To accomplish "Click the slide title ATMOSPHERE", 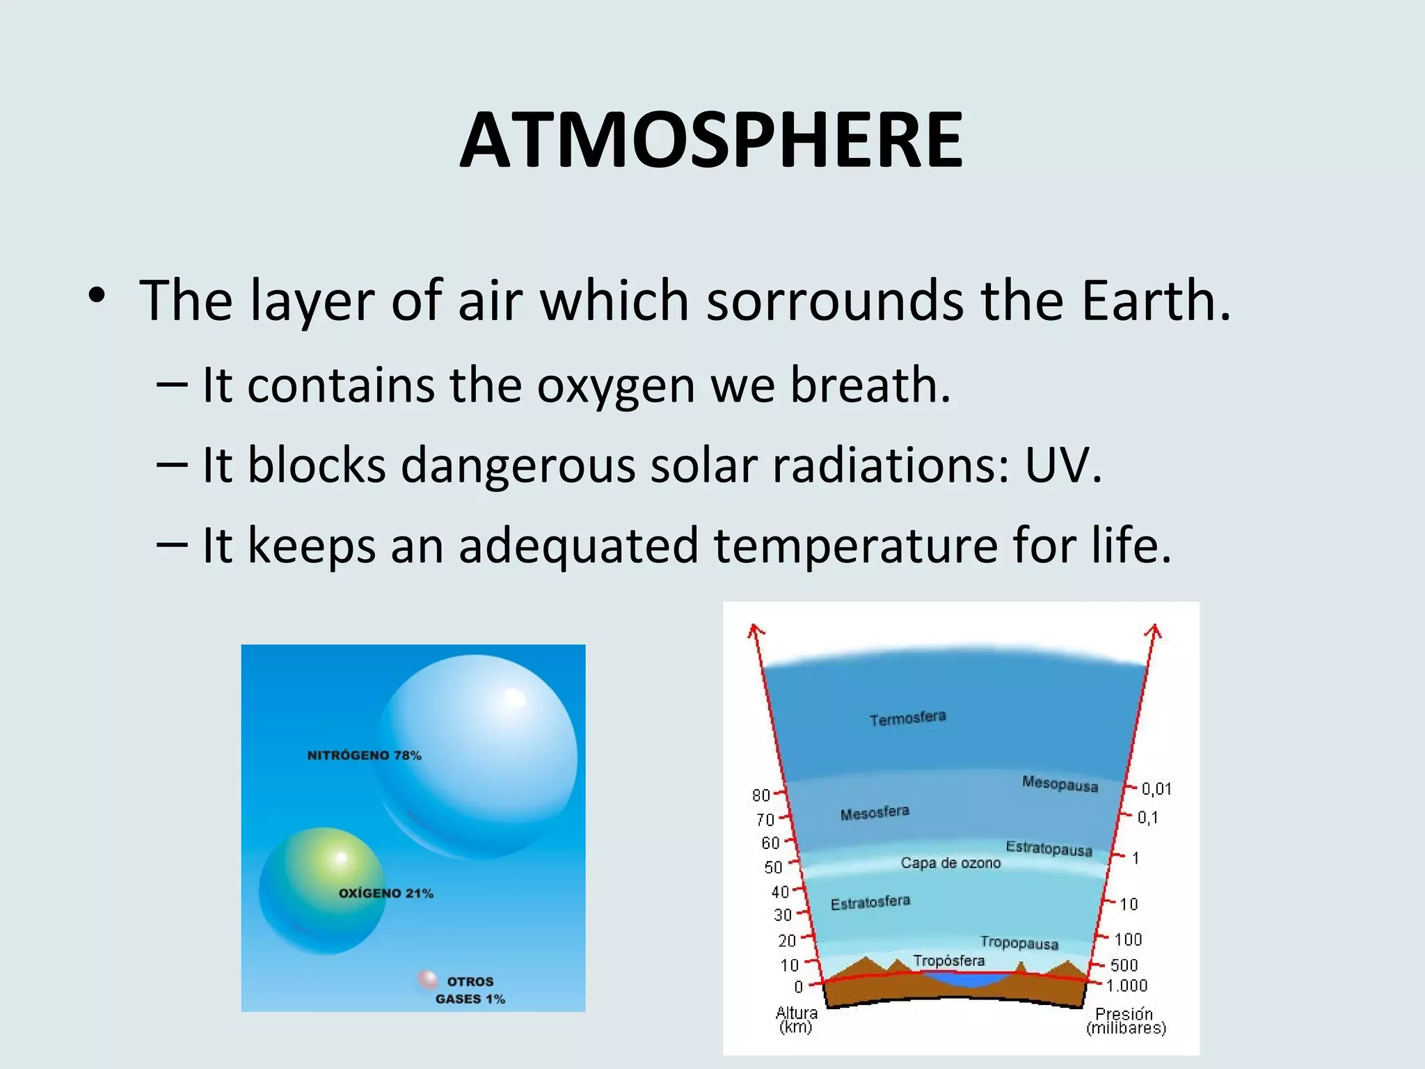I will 711,141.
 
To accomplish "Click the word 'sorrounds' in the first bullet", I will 834,301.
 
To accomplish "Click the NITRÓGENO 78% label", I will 364,755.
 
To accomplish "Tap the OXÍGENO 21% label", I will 385,893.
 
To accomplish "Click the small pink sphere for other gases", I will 427,979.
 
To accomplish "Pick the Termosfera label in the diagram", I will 907,718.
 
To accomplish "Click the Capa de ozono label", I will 950,863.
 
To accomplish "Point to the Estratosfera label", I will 870,903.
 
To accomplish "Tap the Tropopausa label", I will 1019,942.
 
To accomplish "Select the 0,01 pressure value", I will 1156,789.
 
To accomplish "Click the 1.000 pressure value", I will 1127,985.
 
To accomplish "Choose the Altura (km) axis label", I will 796,1020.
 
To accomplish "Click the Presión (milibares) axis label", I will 1125,1020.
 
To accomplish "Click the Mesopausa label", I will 1060,784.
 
